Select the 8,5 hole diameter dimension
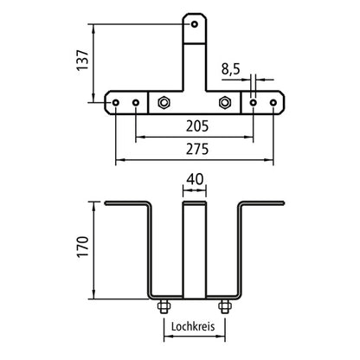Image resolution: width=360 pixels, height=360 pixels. click(231, 67)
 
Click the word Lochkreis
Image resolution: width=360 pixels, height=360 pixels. click(194, 326)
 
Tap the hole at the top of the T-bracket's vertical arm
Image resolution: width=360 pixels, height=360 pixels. click(195, 24)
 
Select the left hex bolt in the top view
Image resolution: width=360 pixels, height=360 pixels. click(164, 102)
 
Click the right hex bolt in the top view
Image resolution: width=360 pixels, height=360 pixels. click(226, 102)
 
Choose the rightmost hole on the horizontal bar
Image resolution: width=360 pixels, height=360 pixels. click(274, 102)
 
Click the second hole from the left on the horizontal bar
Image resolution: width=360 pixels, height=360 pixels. click(135, 102)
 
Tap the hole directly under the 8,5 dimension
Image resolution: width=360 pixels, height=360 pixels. click(254, 102)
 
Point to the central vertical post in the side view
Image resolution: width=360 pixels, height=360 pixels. click(194, 251)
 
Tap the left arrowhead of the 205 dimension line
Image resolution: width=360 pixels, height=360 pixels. click(139, 137)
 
